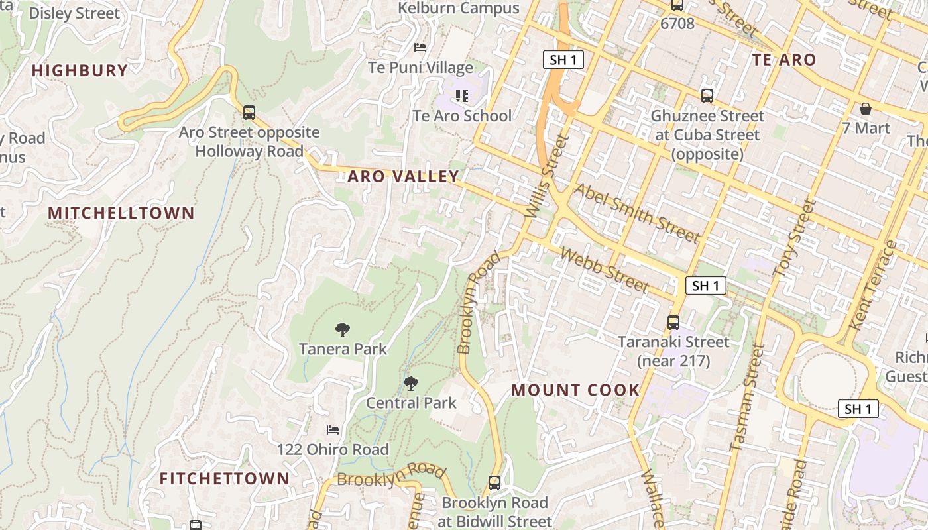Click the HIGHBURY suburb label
80,70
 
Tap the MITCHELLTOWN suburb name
121,213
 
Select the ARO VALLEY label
403,176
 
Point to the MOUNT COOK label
575,390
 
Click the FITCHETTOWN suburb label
224,478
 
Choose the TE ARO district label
784,60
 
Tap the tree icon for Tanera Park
342,329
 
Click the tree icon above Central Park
411,383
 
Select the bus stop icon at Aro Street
249,113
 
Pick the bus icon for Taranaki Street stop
673,323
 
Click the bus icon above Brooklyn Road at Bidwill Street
494,483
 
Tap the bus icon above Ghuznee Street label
707,96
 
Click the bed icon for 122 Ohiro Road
333,430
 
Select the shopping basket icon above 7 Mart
866,109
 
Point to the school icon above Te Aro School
462,97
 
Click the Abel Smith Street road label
636,213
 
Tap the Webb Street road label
604,269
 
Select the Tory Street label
793,238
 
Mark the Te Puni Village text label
421,68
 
